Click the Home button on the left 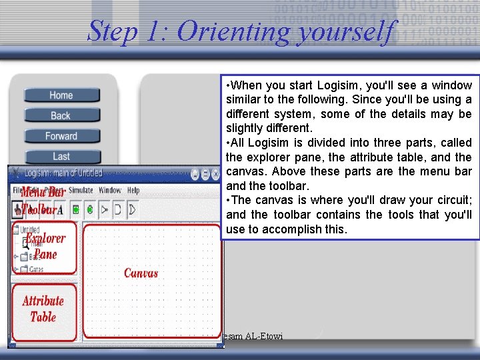pos(61,95)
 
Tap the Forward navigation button pos(61,136)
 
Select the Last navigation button pos(61,156)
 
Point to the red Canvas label pos(141,273)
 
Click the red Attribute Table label pos(43,309)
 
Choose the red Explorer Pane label pos(45,246)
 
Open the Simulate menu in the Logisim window pos(80,191)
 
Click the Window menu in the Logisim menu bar pos(110,191)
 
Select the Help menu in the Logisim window pos(133,191)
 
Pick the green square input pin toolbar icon pos(76,209)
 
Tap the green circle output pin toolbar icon pos(89,209)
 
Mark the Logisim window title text pos(63,173)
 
